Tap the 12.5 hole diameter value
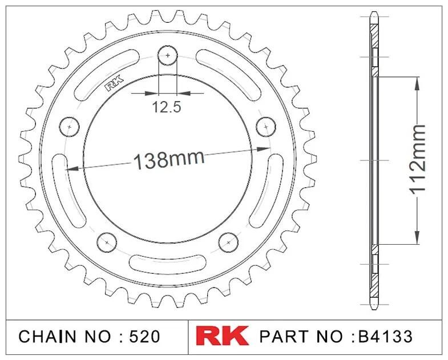(x=167, y=107)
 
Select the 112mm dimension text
(x=418, y=160)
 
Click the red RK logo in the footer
(x=222, y=336)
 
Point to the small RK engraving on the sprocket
(x=114, y=83)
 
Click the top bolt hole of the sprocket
(x=168, y=55)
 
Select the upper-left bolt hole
(x=70, y=127)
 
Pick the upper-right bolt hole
(x=266, y=127)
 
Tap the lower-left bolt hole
(x=107, y=242)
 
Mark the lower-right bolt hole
(x=228, y=242)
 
